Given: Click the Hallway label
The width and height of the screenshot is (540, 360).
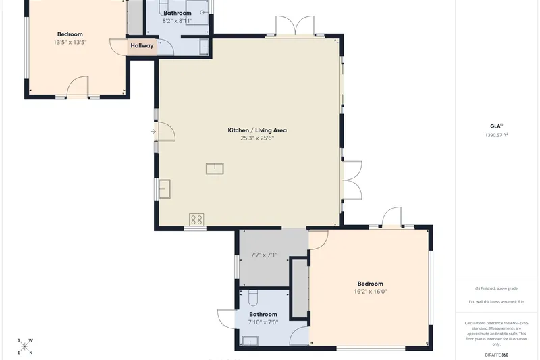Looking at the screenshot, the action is point(142,45).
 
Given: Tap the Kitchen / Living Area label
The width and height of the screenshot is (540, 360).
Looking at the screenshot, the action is point(257,130).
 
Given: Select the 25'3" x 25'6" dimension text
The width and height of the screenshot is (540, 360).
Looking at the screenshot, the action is point(257,138).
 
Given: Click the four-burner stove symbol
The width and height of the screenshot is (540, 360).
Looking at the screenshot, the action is point(196,220).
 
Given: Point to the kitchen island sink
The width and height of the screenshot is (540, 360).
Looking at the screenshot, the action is point(215,169).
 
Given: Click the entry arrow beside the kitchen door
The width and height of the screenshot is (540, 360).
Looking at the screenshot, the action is point(153,131).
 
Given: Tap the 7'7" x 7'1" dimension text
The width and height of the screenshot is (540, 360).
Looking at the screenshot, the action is point(264,255).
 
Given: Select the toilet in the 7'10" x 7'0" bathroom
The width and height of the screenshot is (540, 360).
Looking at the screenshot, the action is point(252,298).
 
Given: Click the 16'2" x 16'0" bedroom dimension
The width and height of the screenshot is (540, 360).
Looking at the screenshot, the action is point(371,292).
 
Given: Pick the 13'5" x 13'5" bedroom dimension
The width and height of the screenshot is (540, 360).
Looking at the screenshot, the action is point(70,43).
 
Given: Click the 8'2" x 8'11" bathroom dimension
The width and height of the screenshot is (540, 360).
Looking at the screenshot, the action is point(178,21).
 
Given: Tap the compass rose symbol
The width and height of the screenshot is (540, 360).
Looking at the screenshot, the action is point(25,346).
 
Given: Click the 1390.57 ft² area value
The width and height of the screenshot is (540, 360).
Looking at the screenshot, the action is point(497,135).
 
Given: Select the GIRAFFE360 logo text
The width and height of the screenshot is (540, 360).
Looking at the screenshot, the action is point(496,355).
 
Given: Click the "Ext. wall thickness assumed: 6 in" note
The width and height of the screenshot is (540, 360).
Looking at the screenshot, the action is point(496,302).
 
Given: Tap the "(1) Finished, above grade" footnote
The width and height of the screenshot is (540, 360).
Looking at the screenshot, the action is point(496,288).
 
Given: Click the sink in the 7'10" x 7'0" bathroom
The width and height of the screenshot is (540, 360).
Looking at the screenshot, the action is point(250,341).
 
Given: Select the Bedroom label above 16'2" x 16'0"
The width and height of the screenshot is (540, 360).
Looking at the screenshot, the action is point(371,284).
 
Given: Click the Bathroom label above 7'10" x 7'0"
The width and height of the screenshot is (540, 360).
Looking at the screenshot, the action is point(263,315).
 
